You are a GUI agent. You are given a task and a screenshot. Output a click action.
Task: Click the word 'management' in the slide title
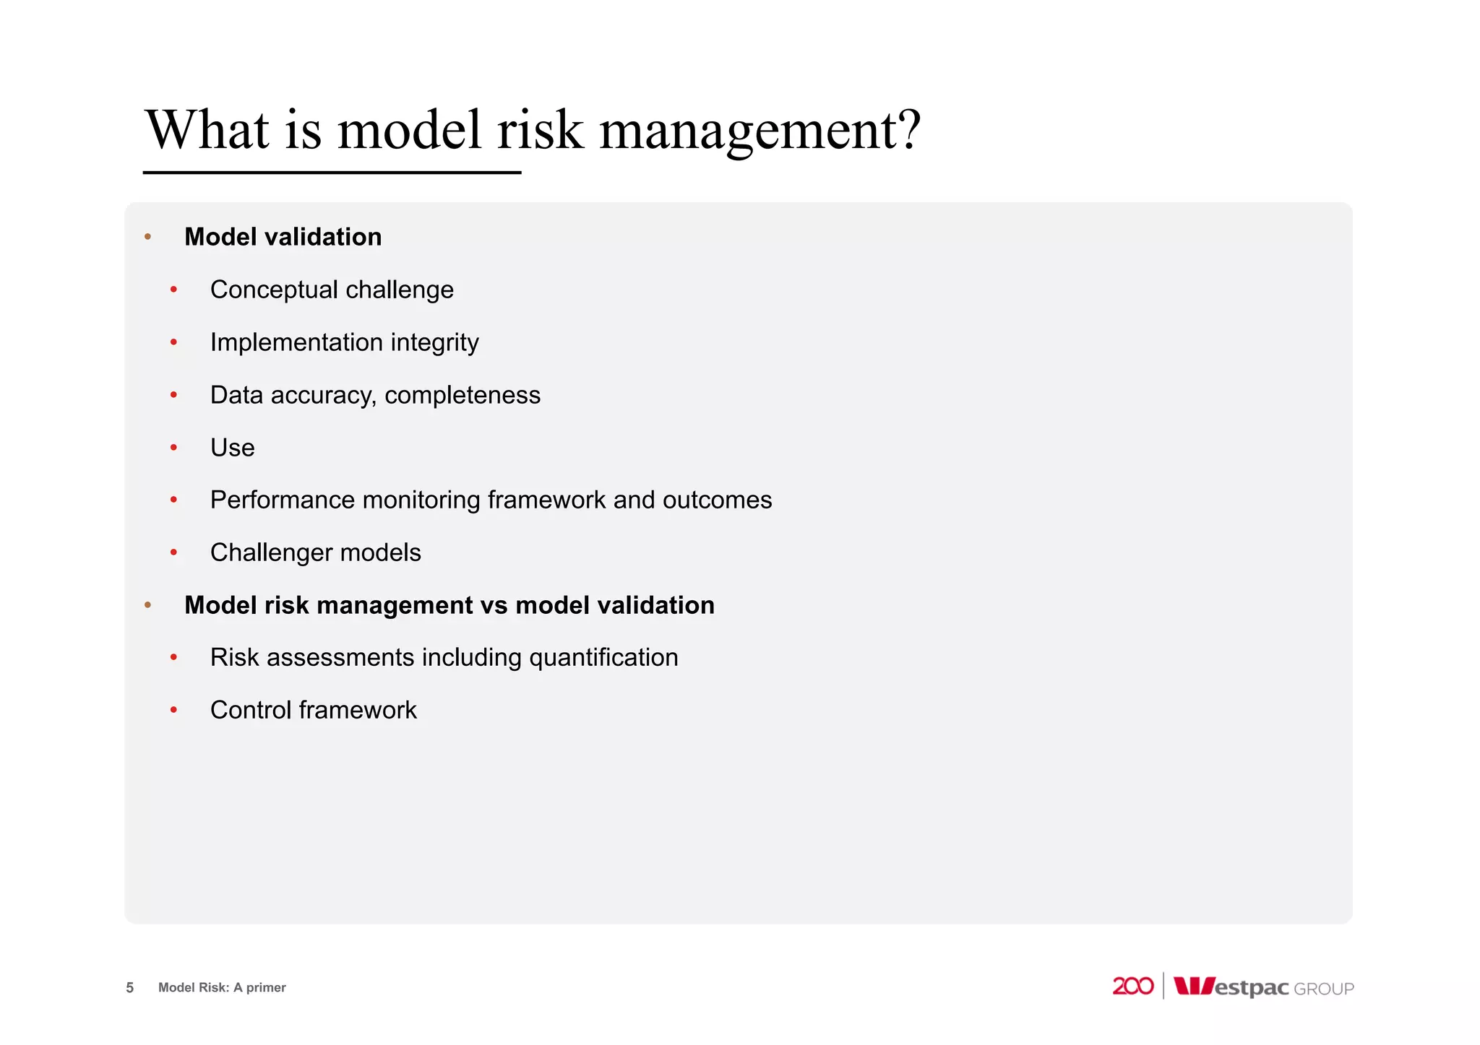(x=747, y=131)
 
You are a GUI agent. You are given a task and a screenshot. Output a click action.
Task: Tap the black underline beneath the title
(x=332, y=173)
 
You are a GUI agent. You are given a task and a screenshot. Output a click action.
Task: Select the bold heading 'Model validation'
(x=283, y=237)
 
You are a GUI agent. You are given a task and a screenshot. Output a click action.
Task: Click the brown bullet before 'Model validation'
(x=148, y=237)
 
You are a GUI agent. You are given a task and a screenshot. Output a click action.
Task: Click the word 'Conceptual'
(x=274, y=290)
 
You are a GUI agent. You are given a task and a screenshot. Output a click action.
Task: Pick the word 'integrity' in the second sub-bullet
(x=434, y=342)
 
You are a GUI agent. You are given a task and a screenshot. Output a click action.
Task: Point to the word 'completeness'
(x=462, y=395)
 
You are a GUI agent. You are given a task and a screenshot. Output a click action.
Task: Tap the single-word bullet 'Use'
(x=232, y=448)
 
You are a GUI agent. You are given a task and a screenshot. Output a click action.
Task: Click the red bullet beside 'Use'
(x=173, y=448)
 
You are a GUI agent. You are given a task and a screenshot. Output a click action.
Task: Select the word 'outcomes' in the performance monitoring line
(x=717, y=500)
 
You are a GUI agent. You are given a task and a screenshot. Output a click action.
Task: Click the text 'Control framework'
(x=313, y=710)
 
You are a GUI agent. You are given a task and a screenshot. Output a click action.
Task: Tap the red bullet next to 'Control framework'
(x=173, y=711)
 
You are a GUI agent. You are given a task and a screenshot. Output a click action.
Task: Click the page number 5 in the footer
(x=130, y=987)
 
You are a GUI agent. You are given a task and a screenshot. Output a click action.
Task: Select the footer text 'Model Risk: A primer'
(x=222, y=987)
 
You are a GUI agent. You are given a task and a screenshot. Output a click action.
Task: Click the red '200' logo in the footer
(x=1132, y=986)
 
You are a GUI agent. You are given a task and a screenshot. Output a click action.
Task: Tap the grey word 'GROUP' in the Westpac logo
(x=1323, y=989)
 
